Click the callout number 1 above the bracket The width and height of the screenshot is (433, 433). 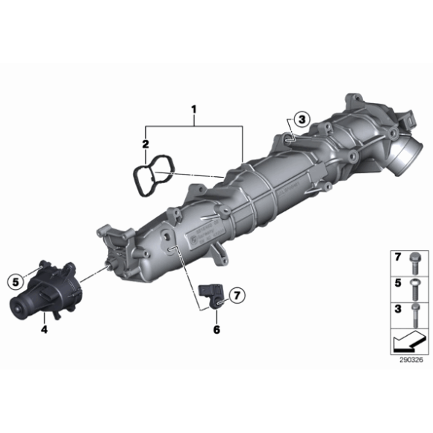[193, 113]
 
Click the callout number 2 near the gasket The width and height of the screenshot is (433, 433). [146, 143]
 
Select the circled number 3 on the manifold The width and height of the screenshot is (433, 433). [301, 119]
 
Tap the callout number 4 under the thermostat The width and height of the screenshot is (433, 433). [44, 328]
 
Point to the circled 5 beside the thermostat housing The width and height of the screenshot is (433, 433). [13, 281]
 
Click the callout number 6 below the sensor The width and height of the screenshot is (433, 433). [216, 328]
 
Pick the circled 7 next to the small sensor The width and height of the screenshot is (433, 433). [237, 295]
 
